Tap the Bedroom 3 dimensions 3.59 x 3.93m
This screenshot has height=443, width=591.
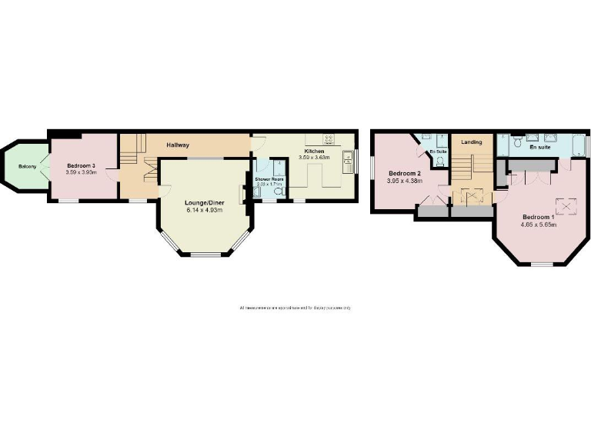tap(80, 172)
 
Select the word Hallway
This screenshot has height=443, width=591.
tap(179, 145)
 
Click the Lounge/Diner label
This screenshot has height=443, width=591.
tap(203, 203)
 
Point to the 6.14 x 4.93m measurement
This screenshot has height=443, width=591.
tap(203, 210)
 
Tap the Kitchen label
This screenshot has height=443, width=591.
tap(313, 152)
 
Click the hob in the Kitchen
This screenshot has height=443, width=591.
tap(329, 139)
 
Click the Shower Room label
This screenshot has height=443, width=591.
tap(269, 178)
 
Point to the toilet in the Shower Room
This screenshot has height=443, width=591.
tap(276, 193)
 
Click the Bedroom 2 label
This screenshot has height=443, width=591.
tap(404, 173)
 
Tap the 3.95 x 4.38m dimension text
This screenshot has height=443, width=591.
tap(404, 181)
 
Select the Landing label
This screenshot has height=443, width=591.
tap(471, 142)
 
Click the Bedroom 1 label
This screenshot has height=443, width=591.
tap(538, 217)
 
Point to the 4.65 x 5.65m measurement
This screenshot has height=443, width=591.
tap(538, 225)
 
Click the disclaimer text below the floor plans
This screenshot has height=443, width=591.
tap(295, 308)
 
